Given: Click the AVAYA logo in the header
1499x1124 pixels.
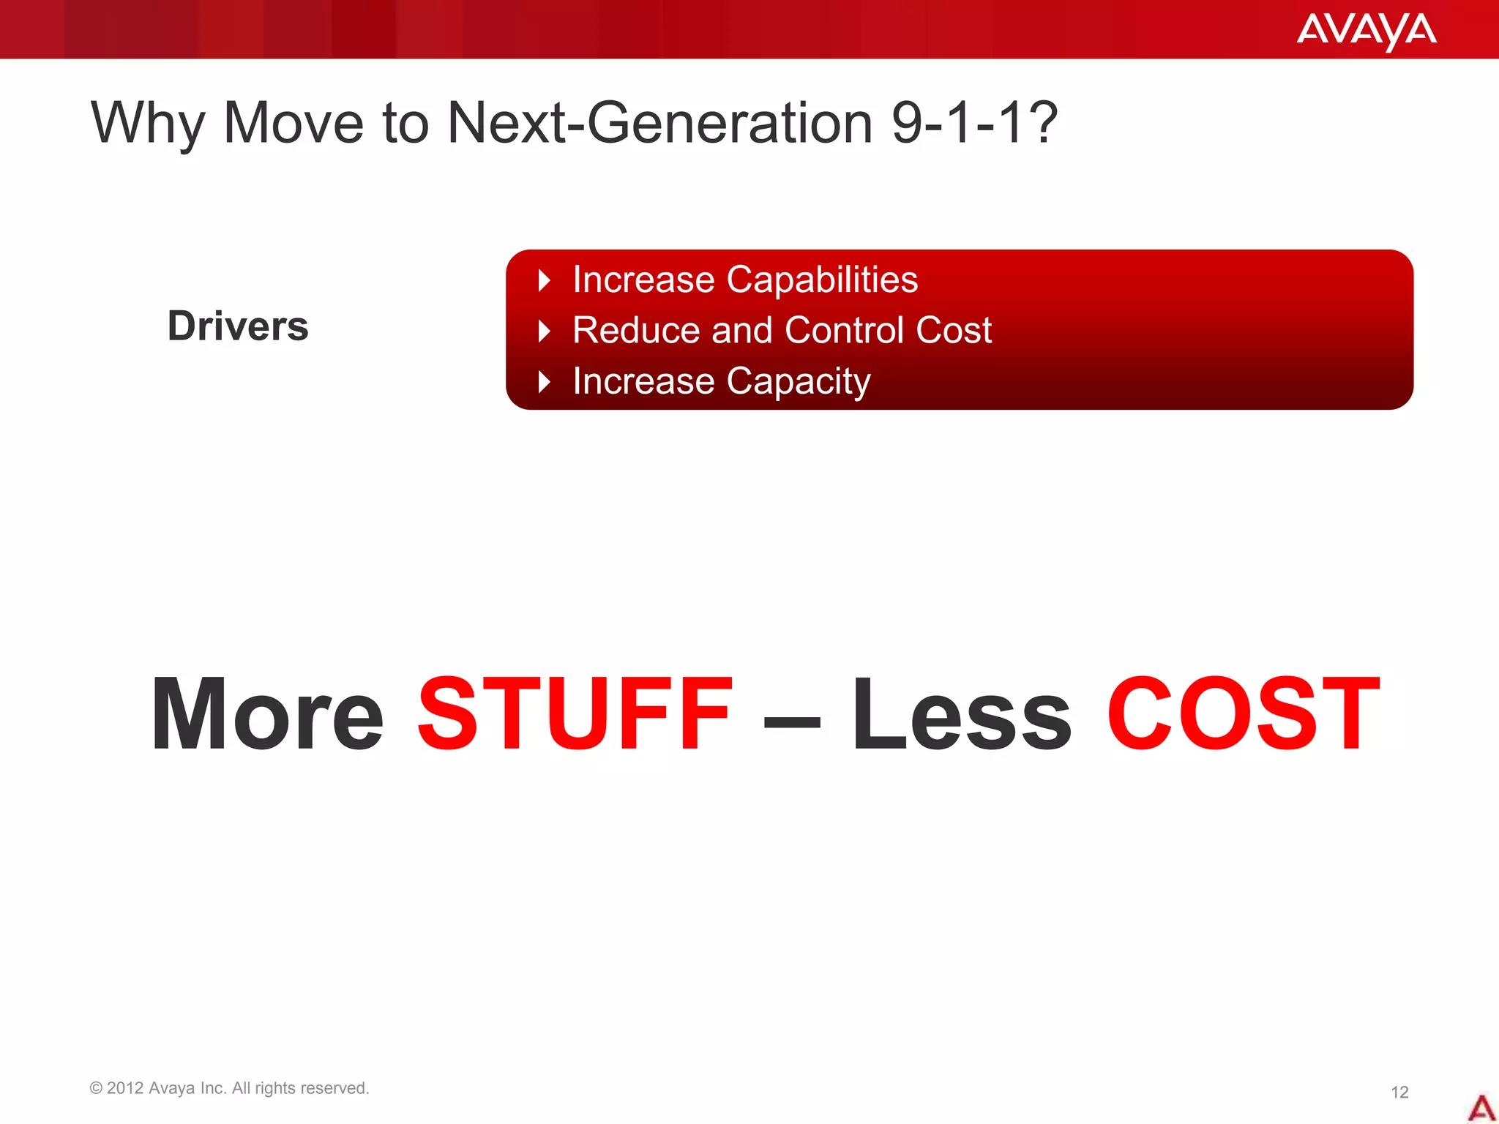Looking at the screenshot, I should (1366, 31).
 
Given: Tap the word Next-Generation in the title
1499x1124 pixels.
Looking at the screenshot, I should (659, 123).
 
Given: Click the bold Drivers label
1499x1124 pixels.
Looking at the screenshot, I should (238, 326).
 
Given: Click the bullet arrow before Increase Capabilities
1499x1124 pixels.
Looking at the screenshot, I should (544, 280).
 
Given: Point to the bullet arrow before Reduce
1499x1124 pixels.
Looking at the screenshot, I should (544, 331).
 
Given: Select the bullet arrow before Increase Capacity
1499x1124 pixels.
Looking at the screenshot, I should (544, 381).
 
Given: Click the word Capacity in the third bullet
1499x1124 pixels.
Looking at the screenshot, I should (798, 382).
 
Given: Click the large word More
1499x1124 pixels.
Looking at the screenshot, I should (267, 715).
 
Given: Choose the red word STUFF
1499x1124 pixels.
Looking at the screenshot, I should (575, 715).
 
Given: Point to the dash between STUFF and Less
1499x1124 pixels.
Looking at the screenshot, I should (792, 721).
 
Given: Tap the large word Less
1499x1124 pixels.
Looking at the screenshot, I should (961, 715).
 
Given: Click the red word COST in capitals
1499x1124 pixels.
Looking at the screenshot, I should (1242, 715).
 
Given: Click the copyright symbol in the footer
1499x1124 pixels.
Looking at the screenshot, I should (96, 1088).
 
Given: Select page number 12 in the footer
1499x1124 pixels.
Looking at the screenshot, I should (1399, 1093).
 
